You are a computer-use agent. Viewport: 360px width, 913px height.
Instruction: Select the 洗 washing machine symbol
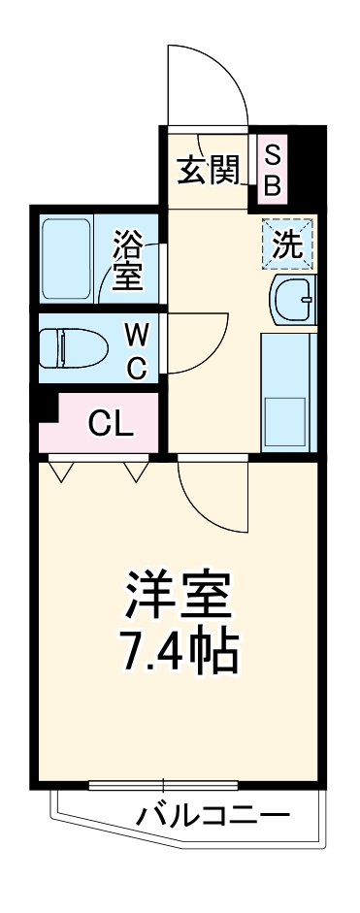tap(287, 243)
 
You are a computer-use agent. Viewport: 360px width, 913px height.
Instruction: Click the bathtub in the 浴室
tap(67, 259)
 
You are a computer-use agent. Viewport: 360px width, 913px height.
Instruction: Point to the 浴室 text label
tap(127, 258)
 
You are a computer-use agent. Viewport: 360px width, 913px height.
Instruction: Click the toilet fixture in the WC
tap(73, 346)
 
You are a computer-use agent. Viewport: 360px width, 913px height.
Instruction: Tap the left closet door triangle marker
tap(61, 472)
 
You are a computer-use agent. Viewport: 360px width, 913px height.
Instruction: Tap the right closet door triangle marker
tap(135, 472)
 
